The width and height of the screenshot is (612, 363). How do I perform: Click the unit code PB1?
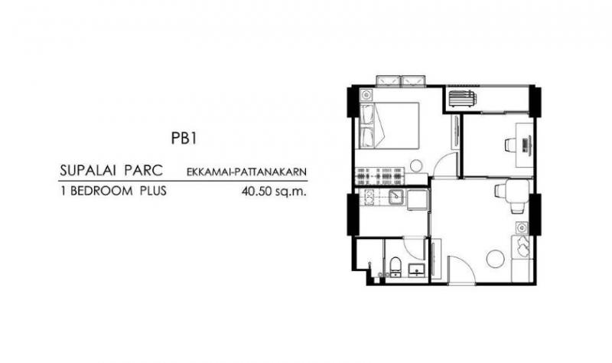(183, 139)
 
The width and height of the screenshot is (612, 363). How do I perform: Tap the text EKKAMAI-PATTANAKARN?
(246, 172)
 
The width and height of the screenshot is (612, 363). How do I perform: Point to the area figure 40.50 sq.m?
(274, 191)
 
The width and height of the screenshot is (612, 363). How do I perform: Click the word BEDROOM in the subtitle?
(102, 191)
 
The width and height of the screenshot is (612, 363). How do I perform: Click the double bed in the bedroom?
(389, 126)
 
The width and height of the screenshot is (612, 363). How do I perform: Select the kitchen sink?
(396, 198)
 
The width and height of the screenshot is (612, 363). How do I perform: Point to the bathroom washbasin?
(416, 270)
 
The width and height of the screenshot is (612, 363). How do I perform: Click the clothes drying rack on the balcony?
(462, 98)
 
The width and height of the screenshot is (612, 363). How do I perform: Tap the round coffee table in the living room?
(496, 259)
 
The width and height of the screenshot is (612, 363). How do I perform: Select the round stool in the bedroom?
(416, 165)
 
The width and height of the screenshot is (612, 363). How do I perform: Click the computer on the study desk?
(526, 145)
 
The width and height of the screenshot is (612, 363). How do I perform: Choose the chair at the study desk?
(510, 145)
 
